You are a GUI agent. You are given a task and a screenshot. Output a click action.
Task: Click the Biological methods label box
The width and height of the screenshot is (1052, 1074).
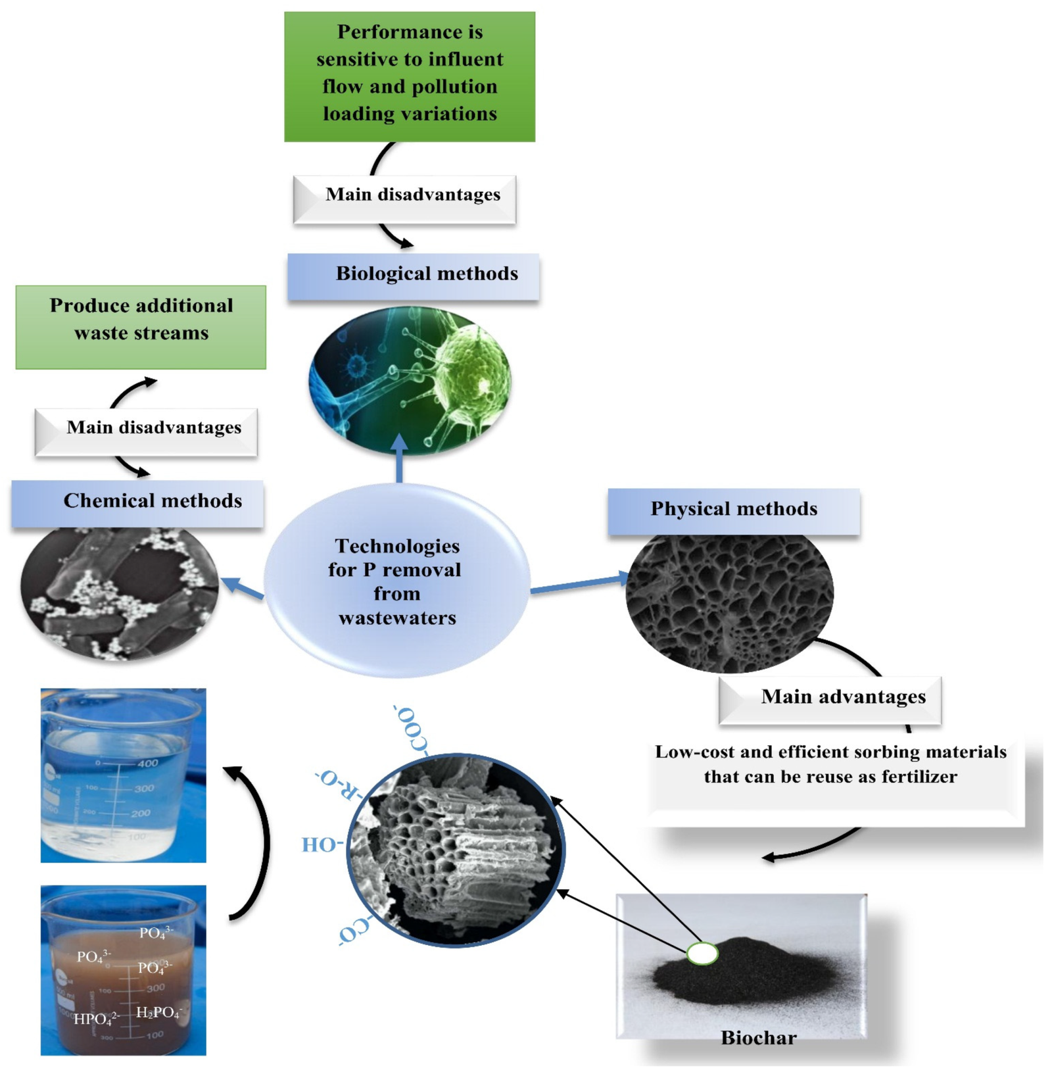[413, 276]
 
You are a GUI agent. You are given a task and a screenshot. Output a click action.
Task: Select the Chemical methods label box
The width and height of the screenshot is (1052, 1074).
[137, 503]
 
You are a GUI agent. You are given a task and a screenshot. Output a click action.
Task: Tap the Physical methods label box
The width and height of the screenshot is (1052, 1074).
[733, 511]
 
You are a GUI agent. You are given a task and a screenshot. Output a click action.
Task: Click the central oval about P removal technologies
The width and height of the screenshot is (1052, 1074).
[396, 581]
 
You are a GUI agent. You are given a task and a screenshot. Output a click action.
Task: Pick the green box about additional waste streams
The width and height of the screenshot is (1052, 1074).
[141, 326]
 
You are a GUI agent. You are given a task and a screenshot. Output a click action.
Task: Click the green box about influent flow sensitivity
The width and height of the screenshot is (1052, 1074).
[409, 76]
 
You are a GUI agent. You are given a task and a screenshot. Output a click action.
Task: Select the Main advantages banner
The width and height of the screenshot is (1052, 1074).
[830, 699]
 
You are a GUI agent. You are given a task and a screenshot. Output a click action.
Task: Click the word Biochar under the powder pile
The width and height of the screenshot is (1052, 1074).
[758, 1037]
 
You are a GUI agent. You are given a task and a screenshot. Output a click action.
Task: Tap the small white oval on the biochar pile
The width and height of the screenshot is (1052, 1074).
[702, 953]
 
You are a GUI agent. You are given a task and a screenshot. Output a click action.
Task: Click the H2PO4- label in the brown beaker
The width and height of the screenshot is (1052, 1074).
[158, 1012]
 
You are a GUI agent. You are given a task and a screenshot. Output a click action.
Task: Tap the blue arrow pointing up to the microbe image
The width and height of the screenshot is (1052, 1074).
[399, 458]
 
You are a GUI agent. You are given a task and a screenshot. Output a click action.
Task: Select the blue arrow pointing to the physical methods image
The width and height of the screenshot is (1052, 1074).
[579, 583]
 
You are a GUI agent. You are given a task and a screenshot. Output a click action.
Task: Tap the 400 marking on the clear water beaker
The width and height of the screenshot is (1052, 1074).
[147, 764]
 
